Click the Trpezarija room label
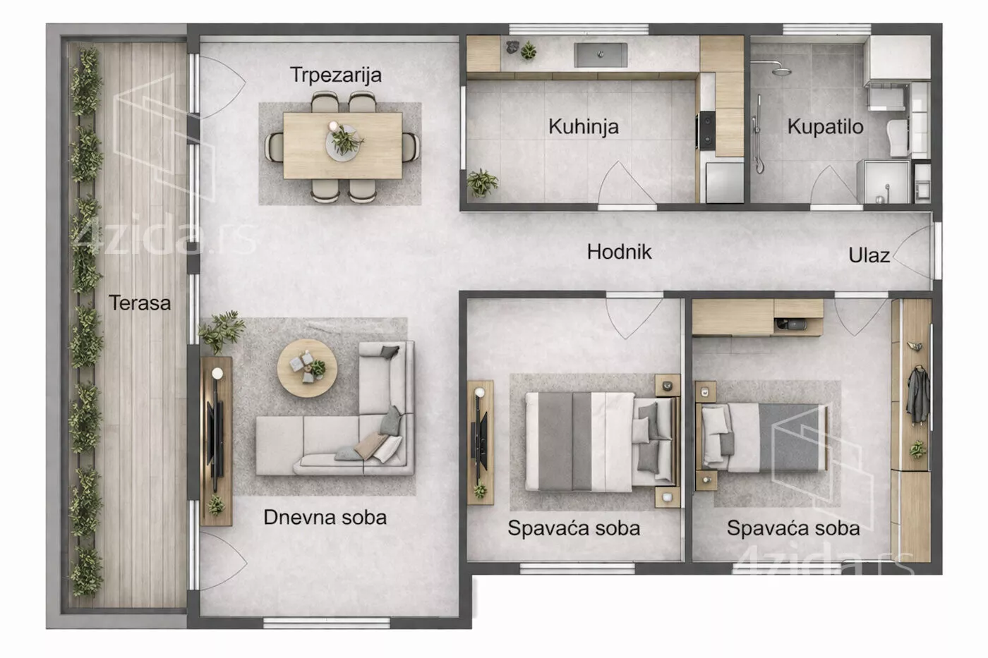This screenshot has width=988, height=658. click(336, 75)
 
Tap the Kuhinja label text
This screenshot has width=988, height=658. click(584, 127)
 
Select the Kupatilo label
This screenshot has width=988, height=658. click(825, 127)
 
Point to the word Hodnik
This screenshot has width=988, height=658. click(620, 252)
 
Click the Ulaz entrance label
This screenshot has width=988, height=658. click(869, 255)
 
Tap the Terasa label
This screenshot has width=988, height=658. click(140, 303)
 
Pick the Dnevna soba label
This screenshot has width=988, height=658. click(325, 518)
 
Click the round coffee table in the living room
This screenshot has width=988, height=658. click(307, 368)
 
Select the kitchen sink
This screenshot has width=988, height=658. click(601, 55)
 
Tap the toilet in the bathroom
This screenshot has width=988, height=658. click(898, 138)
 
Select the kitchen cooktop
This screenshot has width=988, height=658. click(706, 130)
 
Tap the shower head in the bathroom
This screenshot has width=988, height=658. click(782, 71)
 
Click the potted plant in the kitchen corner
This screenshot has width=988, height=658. click(482, 183)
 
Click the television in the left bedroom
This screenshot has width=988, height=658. click(481, 441)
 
